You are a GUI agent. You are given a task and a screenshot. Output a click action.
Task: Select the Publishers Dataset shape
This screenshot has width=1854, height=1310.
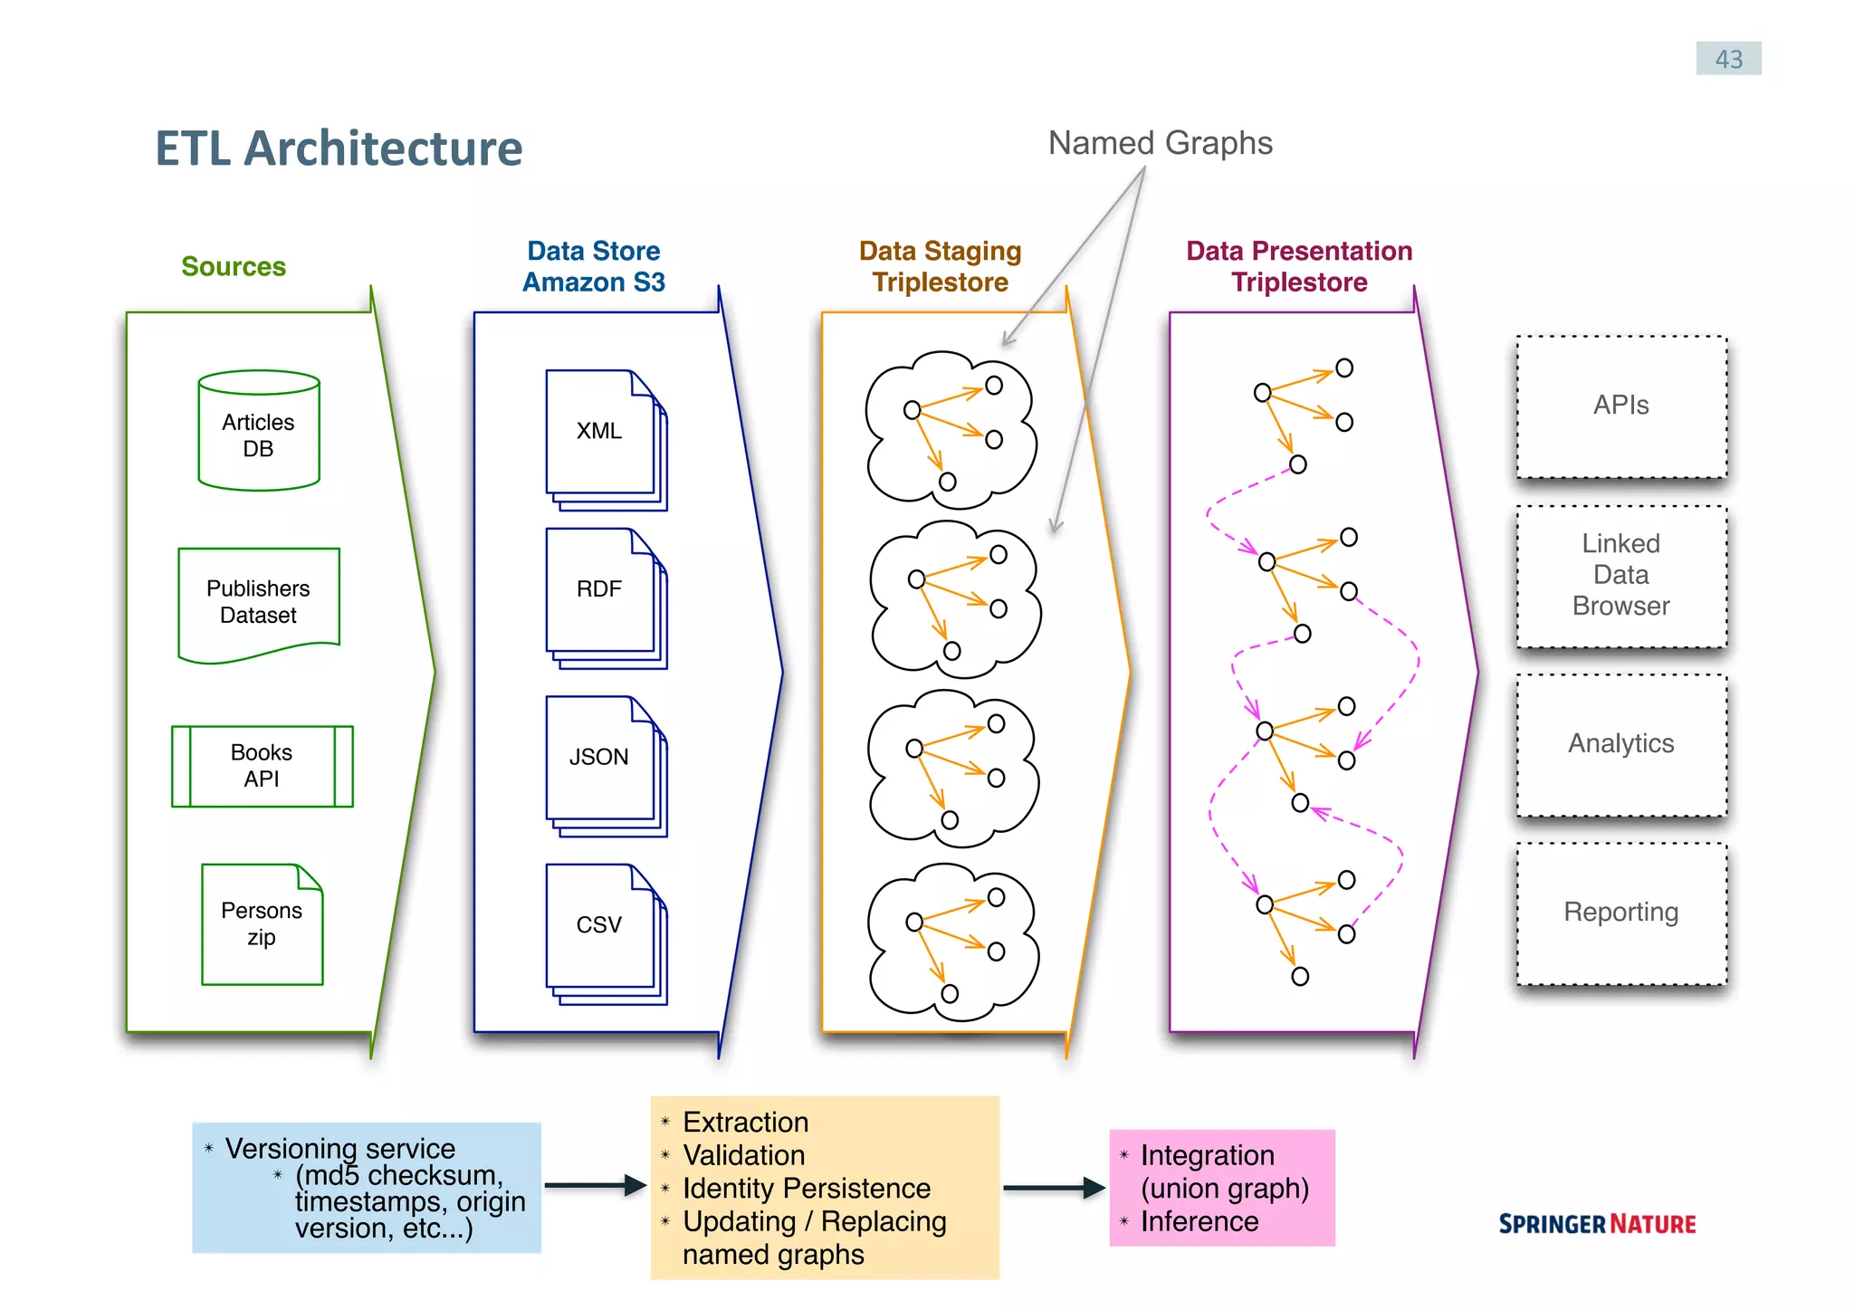coord(259,602)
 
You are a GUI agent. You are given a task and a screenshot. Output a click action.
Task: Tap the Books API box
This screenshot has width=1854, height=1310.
coord(262,766)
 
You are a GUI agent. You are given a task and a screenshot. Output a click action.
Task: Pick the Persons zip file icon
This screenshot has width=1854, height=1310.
coord(262,924)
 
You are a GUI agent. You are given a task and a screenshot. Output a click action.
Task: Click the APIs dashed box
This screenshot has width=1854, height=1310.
coord(1620,406)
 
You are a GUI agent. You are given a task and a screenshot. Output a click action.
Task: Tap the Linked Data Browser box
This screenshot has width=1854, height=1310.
coord(1620,576)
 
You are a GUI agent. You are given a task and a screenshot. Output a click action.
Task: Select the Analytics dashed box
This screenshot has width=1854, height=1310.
coord(1620,744)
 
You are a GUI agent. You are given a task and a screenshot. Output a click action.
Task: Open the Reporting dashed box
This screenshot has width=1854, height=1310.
coord(1620,913)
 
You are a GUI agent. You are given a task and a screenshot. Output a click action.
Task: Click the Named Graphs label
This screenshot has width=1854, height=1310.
coord(1160,143)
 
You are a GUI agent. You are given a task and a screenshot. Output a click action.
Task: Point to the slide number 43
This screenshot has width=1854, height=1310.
coord(1727,59)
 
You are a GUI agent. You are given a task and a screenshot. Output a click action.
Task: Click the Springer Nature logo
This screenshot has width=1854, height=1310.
coord(1596,1224)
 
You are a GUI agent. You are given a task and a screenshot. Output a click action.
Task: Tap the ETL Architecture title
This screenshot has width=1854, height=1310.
coord(339,148)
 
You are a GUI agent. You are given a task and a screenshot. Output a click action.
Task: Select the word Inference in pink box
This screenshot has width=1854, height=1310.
coord(1199,1222)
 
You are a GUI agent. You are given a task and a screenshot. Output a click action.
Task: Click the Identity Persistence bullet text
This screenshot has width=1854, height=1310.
coord(806,1188)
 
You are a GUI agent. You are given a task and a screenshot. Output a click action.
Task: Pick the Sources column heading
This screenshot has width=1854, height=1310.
coord(234,266)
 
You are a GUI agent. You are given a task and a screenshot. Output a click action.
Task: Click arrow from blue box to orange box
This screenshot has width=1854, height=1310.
coord(595,1185)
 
